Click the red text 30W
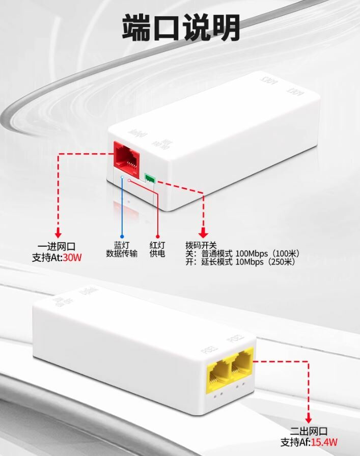click(72, 258)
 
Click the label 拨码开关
click(201, 244)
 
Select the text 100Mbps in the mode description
click(248, 253)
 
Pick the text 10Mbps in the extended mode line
click(246, 262)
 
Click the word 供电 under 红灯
click(157, 253)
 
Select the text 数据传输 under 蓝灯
click(121, 253)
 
